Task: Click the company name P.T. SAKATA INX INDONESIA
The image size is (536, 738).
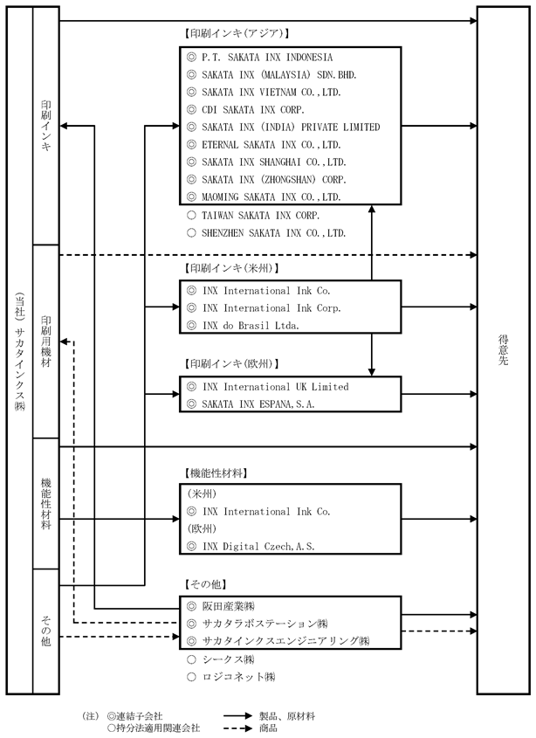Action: (x=267, y=58)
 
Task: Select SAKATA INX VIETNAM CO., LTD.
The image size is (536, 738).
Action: (x=271, y=93)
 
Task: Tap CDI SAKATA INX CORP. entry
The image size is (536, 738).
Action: (x=253, y=110)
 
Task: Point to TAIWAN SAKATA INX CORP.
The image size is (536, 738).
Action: (x=261, y=216)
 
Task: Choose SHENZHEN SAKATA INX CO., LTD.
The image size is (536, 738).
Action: (x=274, y=233)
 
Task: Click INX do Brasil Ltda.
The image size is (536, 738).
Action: (x=251, y=326)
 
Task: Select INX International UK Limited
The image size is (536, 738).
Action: (x=276, y=387)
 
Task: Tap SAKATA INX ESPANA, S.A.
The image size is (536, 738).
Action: (x=258, y=404)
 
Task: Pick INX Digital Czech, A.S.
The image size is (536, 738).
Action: (x=258, y=547)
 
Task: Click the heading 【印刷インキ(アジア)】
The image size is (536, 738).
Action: (x=236, y=33)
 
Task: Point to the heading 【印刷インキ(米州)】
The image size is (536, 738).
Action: (x=230, y=268)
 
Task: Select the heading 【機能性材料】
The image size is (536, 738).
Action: (x=215, y=473)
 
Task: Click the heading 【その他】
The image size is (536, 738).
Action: (x=204, y=584)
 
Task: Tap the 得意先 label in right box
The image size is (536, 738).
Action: (x=503, y=350)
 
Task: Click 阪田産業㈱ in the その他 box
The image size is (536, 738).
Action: (x=229, y=606)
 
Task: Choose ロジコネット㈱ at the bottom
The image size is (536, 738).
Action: (x=238, y=677)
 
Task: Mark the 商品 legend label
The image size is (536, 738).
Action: (x=268, y=728)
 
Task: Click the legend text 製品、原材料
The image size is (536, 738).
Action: (x=287, y=716)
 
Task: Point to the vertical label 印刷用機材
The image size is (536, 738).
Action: (x=46, y=341)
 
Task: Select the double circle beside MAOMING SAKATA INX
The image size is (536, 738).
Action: (x=191, y=197)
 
